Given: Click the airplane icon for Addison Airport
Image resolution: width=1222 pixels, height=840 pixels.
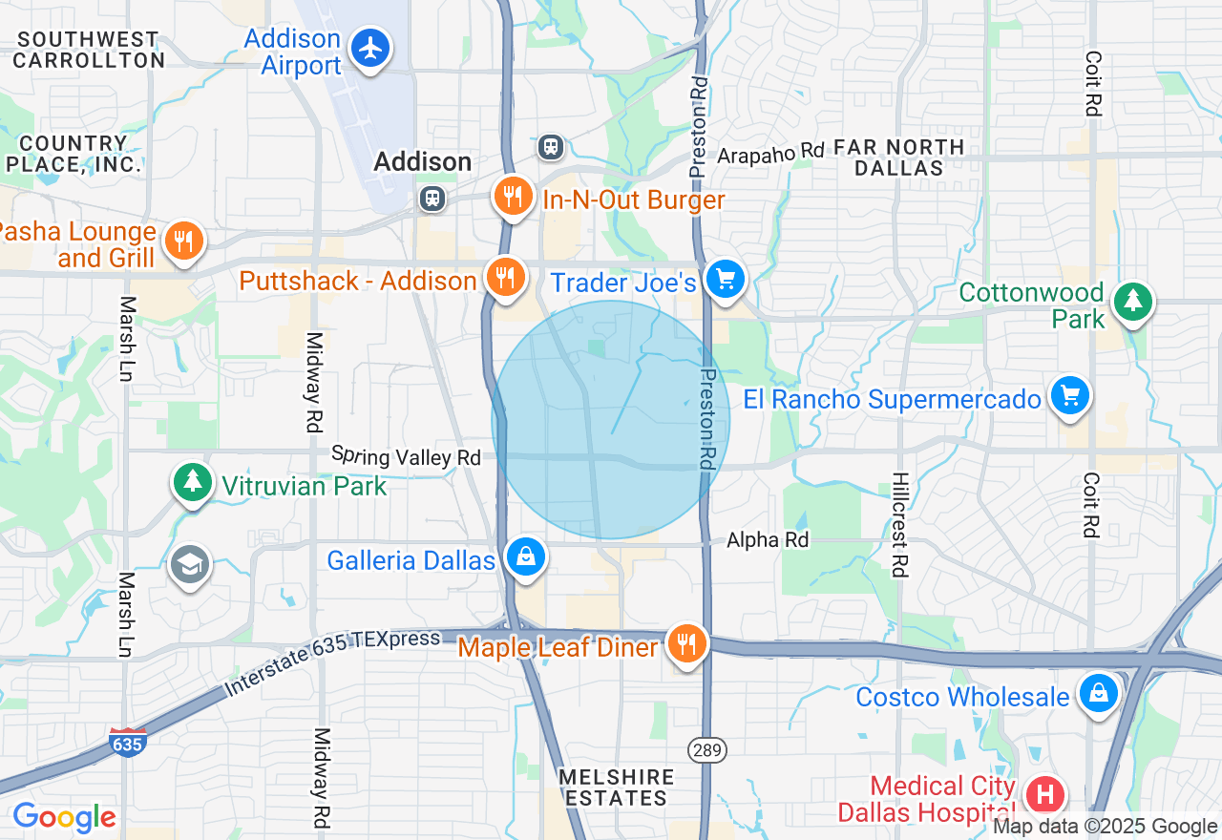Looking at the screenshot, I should pyautogui.click(x=369, y=48).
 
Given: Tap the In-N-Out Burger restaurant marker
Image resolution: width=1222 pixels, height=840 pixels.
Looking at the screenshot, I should pyautogui.click(x=513, y=197).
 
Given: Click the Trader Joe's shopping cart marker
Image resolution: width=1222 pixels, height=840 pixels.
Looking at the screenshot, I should pyautogui.click(x=726, y=279).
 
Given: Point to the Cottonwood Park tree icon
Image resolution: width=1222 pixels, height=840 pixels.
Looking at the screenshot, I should pyautogui.click(x=1133, y=302).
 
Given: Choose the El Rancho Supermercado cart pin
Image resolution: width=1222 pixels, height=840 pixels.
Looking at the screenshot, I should pyautogui.click(x=1069, y=395).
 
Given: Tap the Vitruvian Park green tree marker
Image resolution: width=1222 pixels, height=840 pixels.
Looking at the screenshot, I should pyautogui.click(x=193, y=481).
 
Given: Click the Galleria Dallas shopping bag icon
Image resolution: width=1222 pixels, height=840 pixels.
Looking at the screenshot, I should pyautogui.click(x=525, y=556).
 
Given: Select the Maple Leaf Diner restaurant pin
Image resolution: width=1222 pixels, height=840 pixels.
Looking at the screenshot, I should pyautogui.click(x=685, y=643).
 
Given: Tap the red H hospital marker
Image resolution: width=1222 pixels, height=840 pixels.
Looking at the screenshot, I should pyautogui.click(x=1045, y=794).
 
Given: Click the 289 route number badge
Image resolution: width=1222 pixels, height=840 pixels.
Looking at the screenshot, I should pyautogui.click(x=707, y=750).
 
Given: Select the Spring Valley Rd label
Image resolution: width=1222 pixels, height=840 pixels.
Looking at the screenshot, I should pyautogui.click(x=406, y=455).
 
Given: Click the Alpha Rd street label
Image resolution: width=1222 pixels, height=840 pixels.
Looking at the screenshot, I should pyautogui.click(x=768, y=540).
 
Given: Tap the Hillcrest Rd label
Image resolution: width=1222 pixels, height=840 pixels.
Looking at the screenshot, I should pyautogui.click(x=898, y=524).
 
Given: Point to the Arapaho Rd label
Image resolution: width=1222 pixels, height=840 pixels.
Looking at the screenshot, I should pyautogui.click(x=770, y=153).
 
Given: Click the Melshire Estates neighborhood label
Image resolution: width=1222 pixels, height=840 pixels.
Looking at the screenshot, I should pyautogui.click(x=617, y=787).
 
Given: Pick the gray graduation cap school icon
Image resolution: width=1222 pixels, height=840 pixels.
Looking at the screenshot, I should pyautogui.click(x=190, y=566).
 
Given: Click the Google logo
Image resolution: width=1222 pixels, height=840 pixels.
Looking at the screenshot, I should pyautogui.click(x=64, y=818).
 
